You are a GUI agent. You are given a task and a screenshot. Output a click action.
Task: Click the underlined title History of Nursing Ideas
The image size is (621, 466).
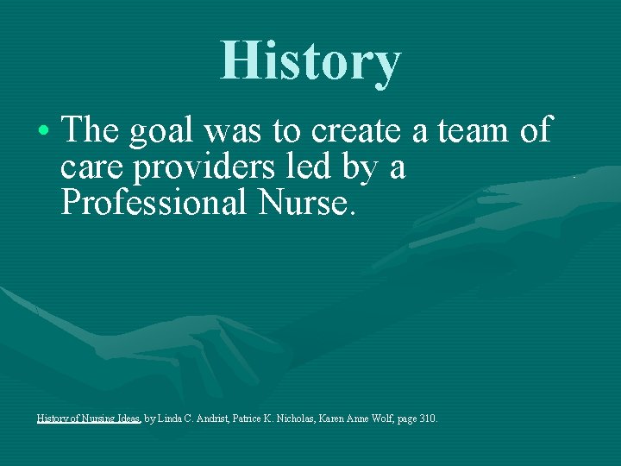tap(89, 419)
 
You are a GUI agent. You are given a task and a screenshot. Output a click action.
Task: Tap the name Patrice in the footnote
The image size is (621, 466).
tap(258, 419)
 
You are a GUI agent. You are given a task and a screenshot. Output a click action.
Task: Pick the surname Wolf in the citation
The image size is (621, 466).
tap(393, 419)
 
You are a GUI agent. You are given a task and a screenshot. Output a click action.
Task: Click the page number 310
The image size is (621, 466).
tap(428, 419)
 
